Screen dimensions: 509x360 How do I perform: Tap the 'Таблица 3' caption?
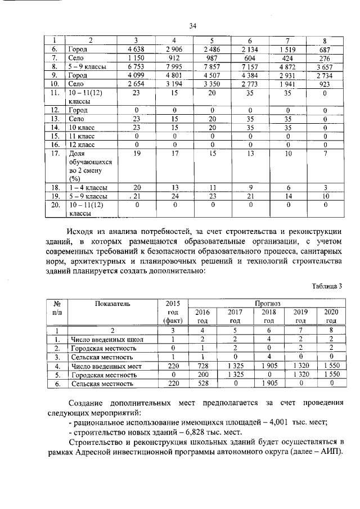(x=327, y=286)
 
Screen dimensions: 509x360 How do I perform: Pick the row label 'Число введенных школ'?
(x=107, y=340)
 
